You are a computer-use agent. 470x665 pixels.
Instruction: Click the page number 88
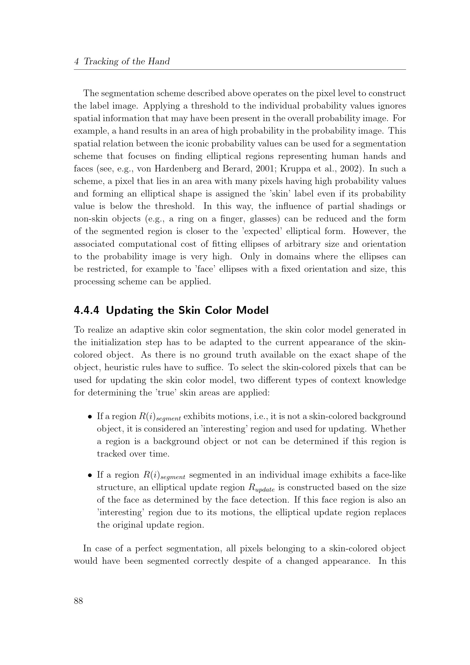pos(78,601)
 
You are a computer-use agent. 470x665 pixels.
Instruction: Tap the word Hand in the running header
pos(159,61)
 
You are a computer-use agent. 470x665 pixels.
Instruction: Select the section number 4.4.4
pos(87,310)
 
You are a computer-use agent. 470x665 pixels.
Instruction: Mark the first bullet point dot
pos(90,417)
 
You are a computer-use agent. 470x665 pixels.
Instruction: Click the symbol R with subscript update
pos(261,488)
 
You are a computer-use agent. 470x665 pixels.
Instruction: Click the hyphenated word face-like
pos(390,475)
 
